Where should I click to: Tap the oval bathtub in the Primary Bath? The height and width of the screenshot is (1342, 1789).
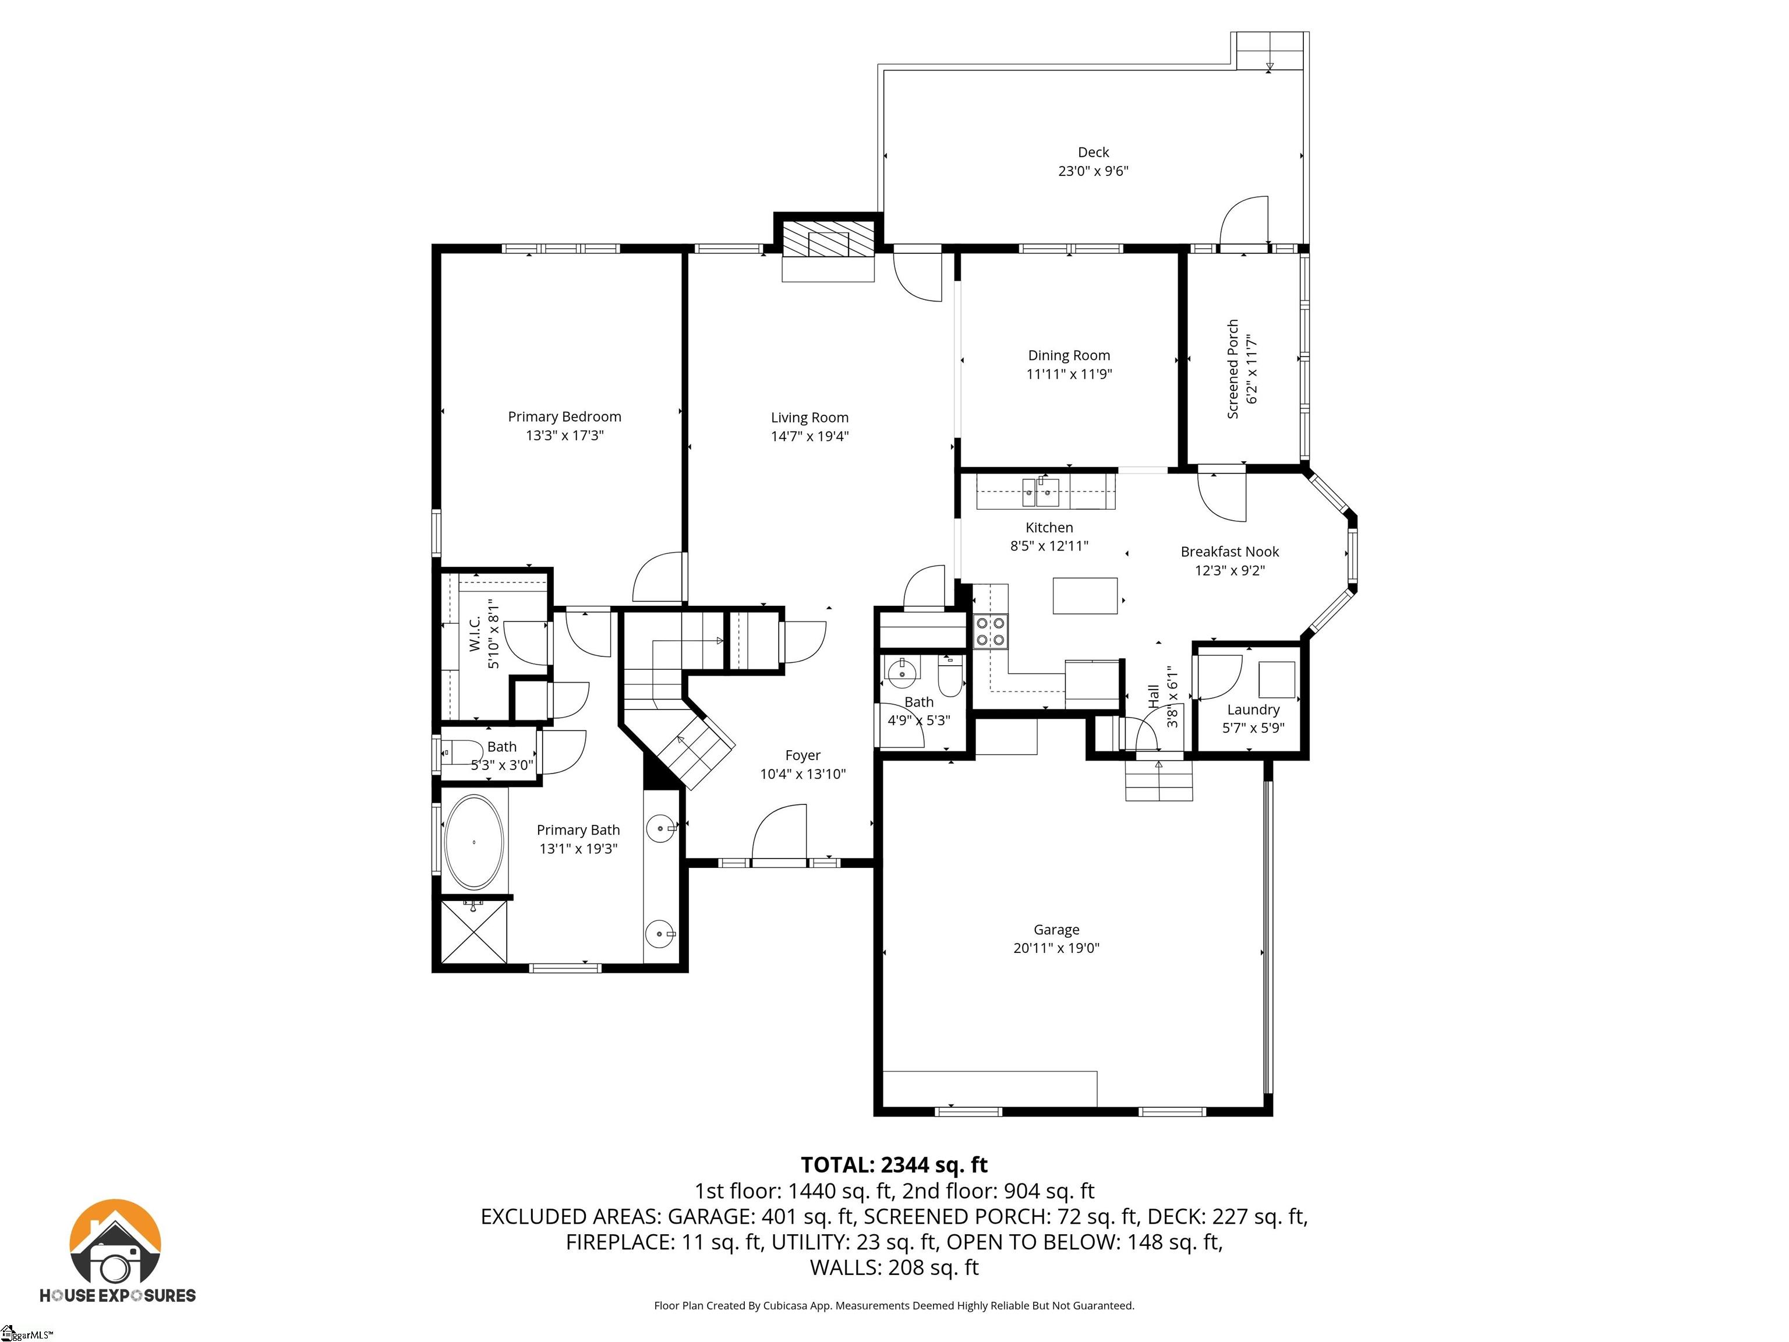point(474,842)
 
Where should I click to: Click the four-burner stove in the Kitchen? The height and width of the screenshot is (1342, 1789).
point(991,631)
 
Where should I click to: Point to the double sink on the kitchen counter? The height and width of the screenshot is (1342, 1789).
point(1041,492)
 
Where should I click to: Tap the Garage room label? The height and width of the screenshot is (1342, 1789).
point(1056,930)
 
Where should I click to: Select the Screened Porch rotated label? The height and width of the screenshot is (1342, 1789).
point(1233,369)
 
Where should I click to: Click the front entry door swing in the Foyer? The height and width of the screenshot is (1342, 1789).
point(780,835)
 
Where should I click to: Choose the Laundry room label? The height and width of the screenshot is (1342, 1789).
point(1253,709)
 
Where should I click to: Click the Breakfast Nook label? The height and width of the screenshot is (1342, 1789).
point(1229,552)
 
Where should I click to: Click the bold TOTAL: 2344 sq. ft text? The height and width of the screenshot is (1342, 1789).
point(894,1165)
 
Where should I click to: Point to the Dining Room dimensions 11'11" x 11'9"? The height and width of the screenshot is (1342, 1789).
point(1069,374)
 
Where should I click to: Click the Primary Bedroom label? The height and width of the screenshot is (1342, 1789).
point(564,416)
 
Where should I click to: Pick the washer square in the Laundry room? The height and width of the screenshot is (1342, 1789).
point(1277,680)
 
